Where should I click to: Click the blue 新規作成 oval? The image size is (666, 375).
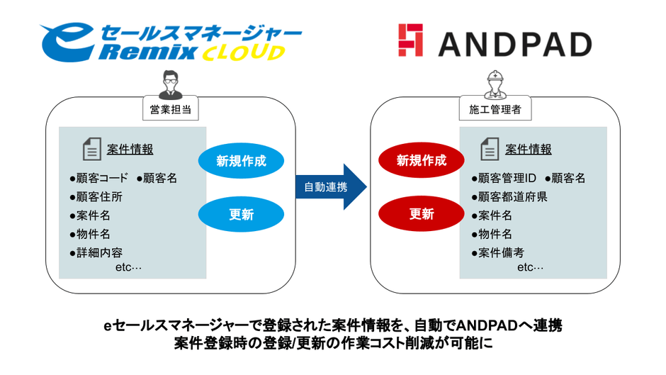[x=242, y=161]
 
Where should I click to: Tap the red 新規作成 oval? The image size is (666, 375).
[x=422, y=161]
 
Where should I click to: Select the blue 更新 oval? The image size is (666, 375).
[x=242, y=214]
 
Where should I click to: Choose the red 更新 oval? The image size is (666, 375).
[x=422, y=214]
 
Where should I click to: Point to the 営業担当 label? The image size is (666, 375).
[x=170, y=110]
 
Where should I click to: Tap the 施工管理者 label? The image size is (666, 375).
[x=495, y=110]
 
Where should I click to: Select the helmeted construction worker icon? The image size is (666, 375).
[x=495, y=84]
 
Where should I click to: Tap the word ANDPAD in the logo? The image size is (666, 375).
[x=514, y=44]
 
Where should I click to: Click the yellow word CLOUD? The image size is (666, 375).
[x=244, y=53]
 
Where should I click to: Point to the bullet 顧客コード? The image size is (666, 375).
[x=98, y=178]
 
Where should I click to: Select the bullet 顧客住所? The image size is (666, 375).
[x=95, y=196]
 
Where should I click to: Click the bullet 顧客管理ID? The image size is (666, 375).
[x=506, y=178]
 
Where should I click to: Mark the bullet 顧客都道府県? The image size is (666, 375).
[x=509, y=196]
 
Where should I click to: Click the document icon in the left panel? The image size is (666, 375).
[x=92, y=150]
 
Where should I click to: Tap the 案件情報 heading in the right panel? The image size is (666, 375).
[x=528, y=149]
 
